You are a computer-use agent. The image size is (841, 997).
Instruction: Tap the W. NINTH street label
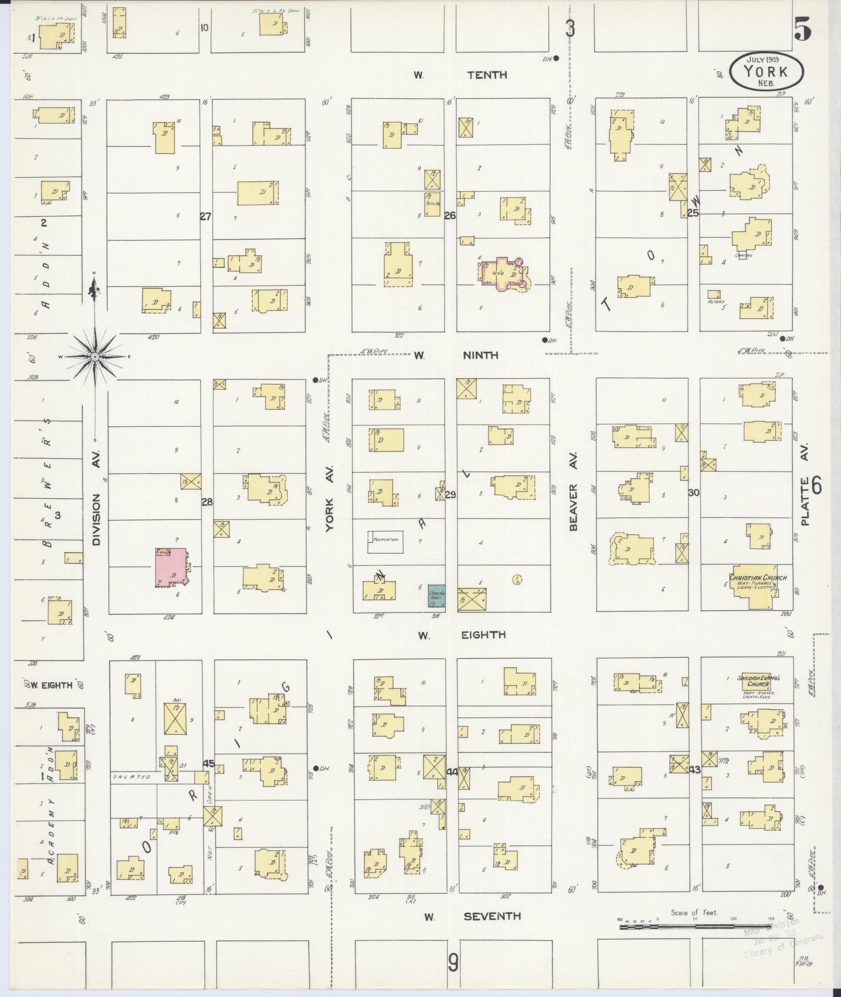click(x=457, y=355)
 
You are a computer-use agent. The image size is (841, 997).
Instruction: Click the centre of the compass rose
click(x=95, y=357)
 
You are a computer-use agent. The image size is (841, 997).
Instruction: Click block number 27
click(x=206, y=216)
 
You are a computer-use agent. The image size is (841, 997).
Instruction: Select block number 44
click(x=452, y=772)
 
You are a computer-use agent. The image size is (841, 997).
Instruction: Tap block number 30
click(x=693, y=493)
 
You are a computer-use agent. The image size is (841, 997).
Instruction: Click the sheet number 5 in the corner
click(x=803, y=30)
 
